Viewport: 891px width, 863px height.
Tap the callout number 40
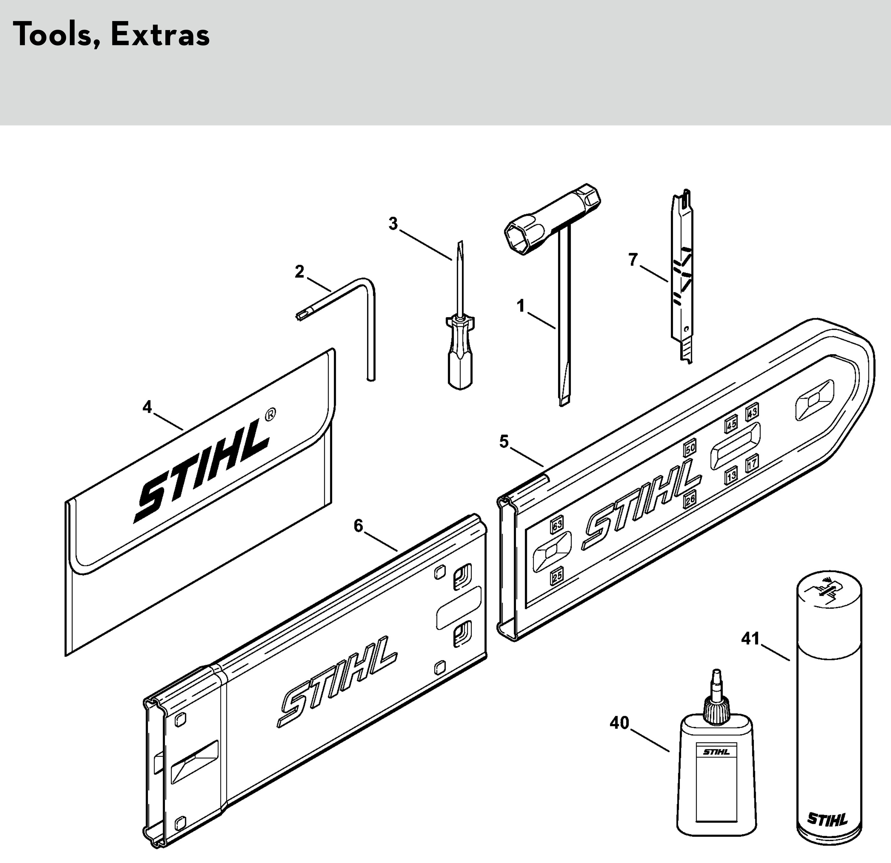619,723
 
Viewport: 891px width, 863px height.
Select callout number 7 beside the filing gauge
633,260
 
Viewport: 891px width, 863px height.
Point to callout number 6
359,526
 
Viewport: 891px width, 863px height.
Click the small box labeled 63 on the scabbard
557,525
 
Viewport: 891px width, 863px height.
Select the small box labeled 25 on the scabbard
557,576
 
